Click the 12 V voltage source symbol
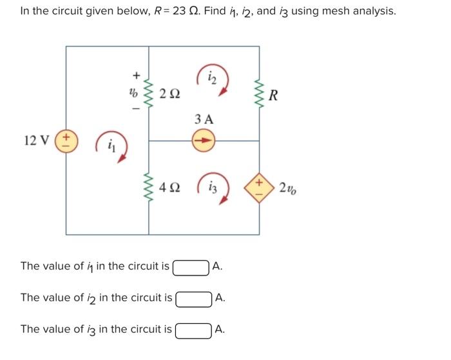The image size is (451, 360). click(66, 141)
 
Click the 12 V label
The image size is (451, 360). click(35, 141)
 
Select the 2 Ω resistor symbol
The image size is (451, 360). click(149, 94)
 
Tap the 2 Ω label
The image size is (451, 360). click(170, 94)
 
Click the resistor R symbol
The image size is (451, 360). click(260, 95)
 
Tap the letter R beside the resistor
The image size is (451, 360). click(274, 96)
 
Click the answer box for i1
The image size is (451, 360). click(191, 266)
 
